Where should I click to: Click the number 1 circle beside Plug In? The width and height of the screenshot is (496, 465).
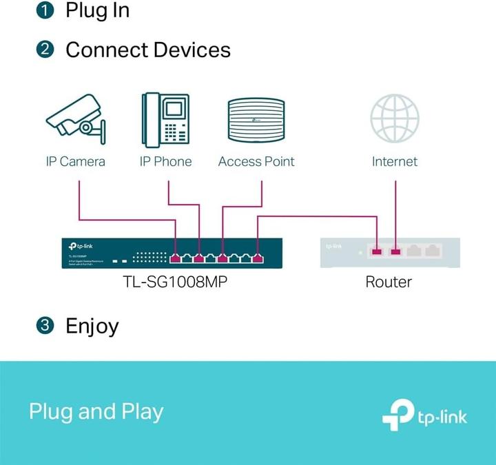coord(45,10)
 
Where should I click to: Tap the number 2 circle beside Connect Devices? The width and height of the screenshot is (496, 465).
coord(45,50)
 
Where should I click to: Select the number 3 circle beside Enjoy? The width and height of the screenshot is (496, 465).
coord(45,326)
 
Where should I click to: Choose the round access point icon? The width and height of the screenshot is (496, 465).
coord(256,120)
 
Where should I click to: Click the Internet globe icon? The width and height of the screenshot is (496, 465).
coord(395,118)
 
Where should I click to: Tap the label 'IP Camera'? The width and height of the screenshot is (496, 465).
coord(76,162)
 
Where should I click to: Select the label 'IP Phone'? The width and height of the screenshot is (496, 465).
coord(165,162)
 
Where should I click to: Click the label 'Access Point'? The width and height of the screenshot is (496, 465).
coord(256,162)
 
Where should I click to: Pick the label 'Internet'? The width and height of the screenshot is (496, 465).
coord(395,162)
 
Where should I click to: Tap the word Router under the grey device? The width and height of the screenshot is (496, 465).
coord(389,281)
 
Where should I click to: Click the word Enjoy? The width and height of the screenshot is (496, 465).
coord(92,326)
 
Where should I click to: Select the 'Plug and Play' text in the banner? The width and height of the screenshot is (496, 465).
coord(96,412)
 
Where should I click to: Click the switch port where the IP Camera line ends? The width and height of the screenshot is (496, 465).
coord(176,258)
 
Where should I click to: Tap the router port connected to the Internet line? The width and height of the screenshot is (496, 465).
coord(395,251)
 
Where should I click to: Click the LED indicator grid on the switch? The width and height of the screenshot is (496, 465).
coord(150,256)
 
